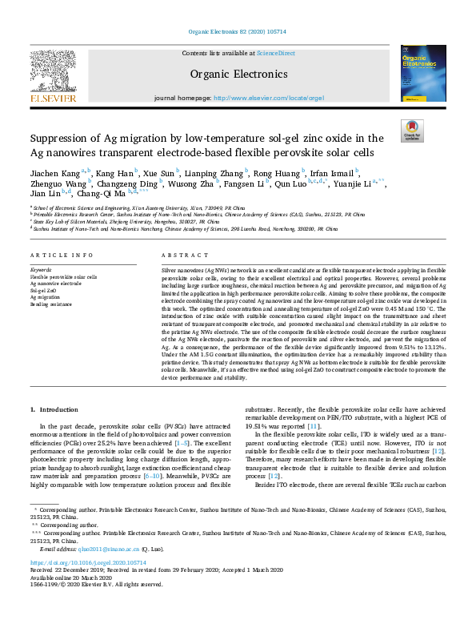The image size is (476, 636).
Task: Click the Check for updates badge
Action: coord(412,130)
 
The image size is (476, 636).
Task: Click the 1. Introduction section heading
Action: coord(55,409)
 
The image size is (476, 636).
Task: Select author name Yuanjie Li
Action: coord(358,183)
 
